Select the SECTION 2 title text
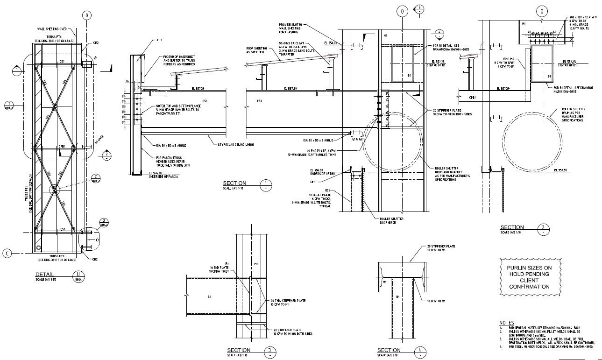(512, 227)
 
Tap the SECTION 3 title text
(239, 350)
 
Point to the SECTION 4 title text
(389, 350)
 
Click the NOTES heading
(506, 323)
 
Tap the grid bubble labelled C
(7, 253)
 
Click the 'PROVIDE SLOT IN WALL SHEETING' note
(291, 28)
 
